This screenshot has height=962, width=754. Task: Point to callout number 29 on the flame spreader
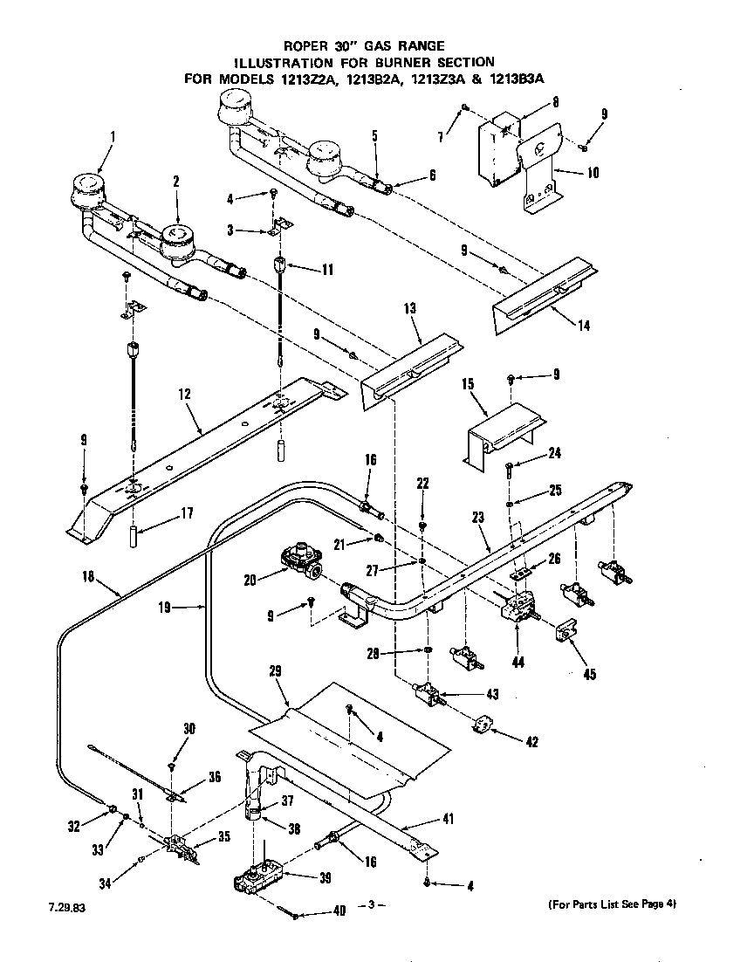(x=276, y=671)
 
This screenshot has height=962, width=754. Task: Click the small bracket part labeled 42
(x=483, y=725)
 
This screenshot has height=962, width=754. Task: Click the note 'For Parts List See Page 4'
(x=612, y=904)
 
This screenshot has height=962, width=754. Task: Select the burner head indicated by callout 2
(x=176, y=236)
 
